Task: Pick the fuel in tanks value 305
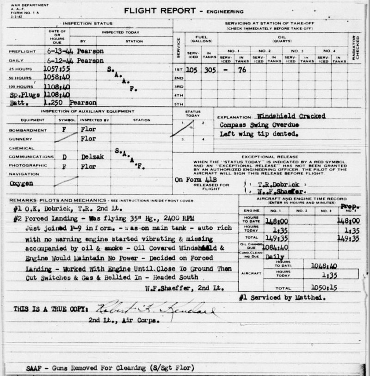(210, 69)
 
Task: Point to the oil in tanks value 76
(241, 69)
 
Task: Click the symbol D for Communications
(63, 157)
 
